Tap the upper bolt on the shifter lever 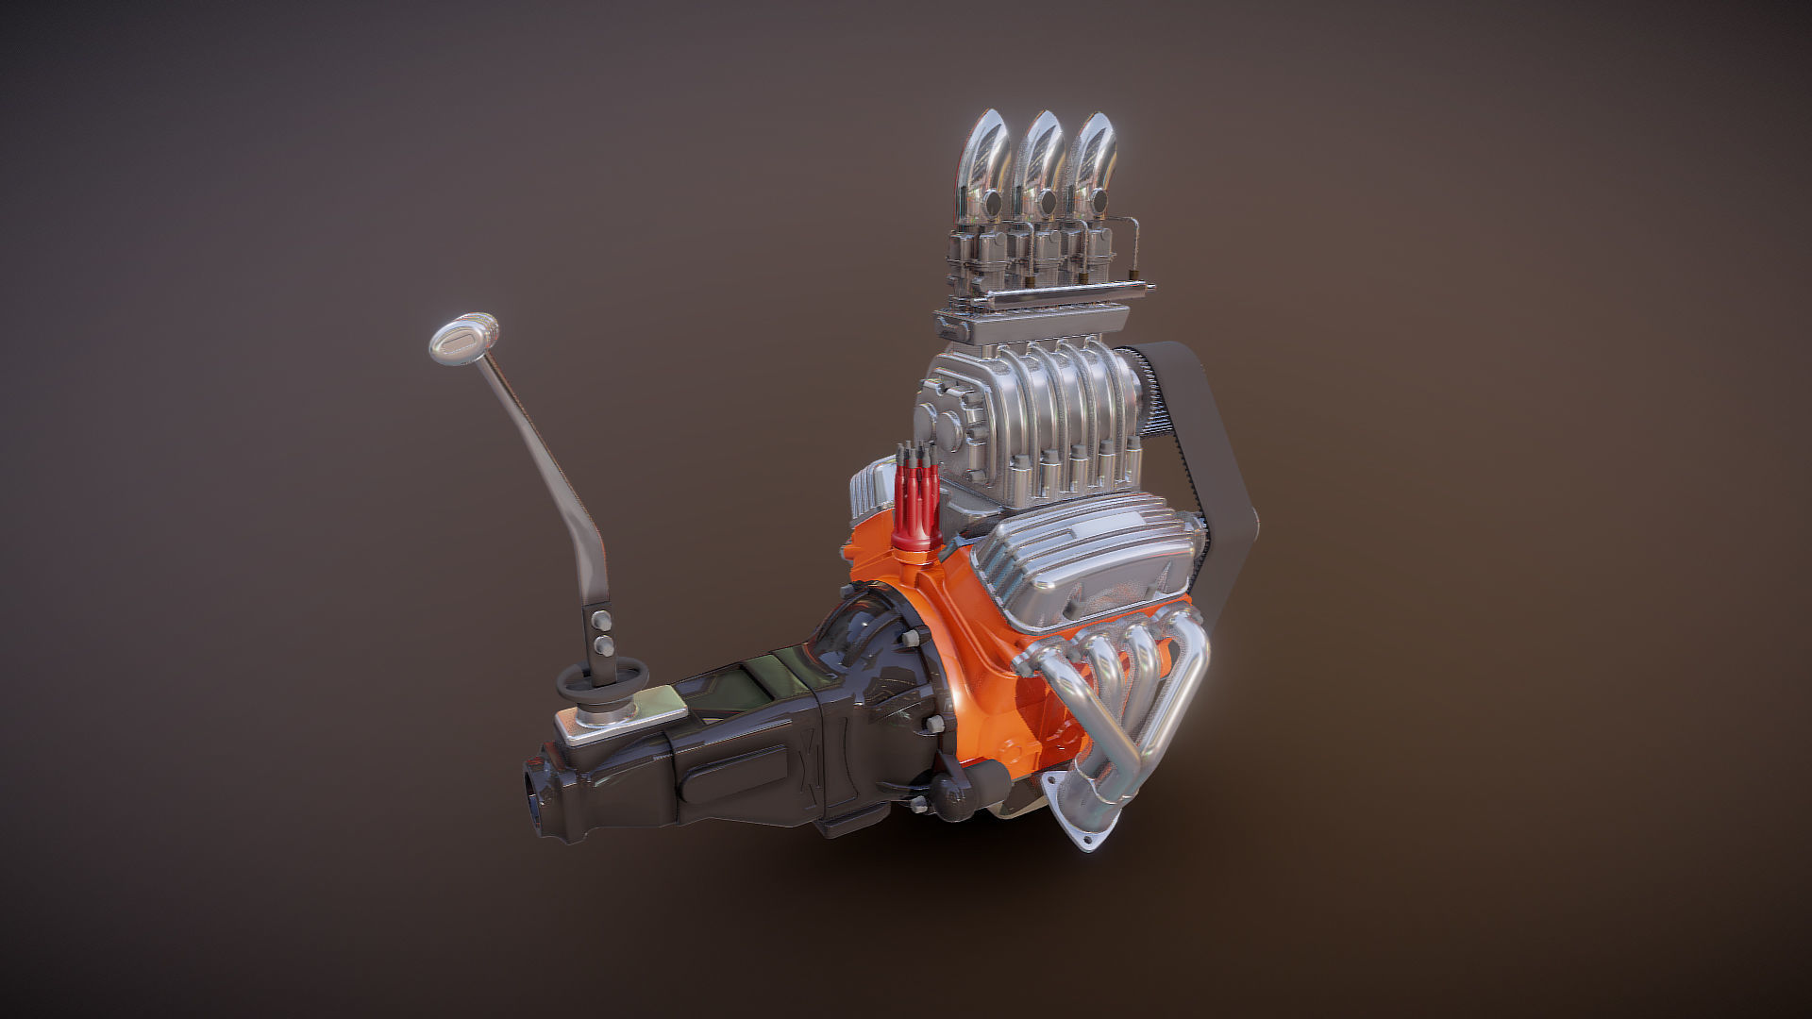(x=598, y=623)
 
